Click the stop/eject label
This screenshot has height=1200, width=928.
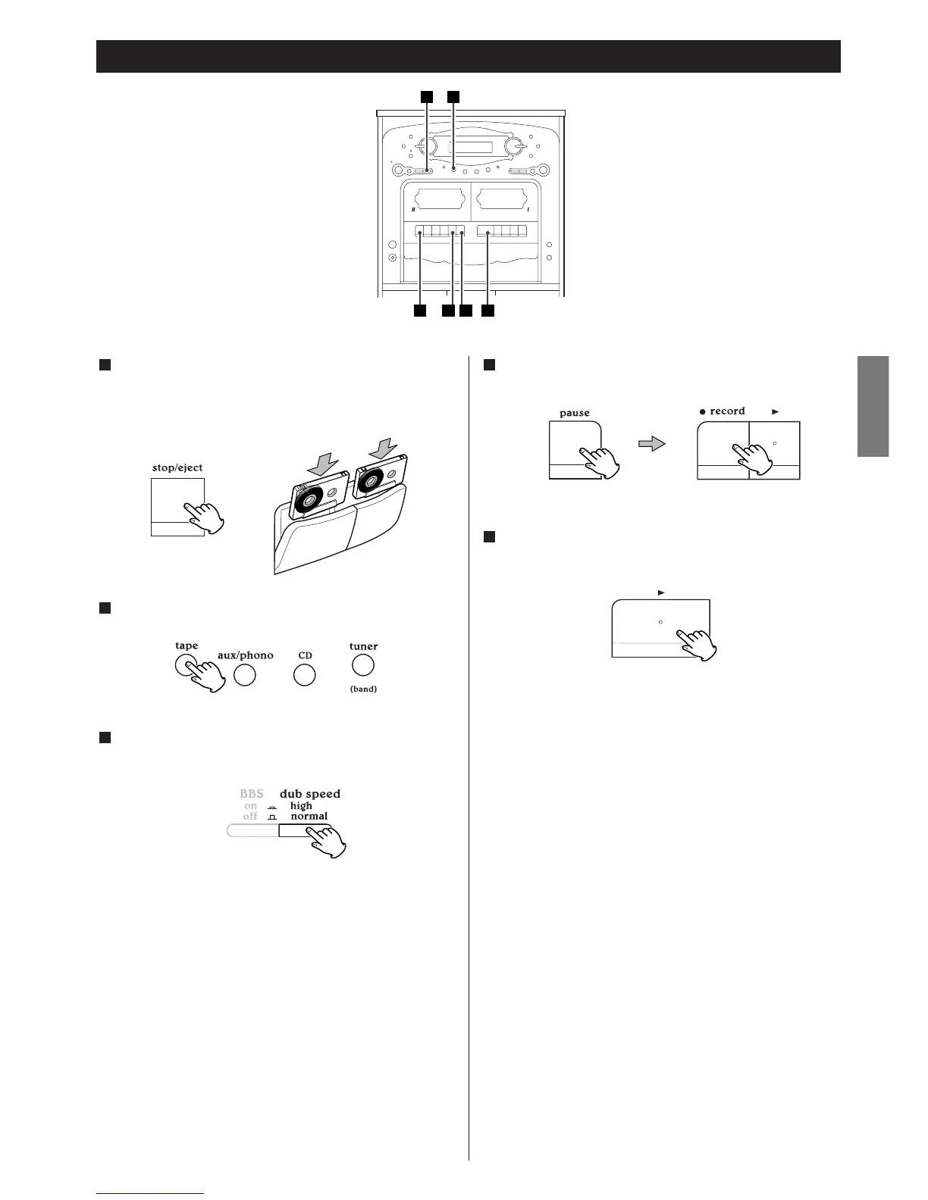(x=177, y=467)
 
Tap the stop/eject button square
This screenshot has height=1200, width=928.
(x=177, y=506)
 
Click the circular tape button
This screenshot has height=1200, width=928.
(x=186, y=665)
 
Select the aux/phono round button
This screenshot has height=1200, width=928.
(x=244, y=675)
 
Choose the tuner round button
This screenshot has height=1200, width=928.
(x=363, y=665)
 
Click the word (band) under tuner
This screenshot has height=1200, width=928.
(x=363, y=689)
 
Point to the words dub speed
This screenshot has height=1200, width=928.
(x=309, y=794)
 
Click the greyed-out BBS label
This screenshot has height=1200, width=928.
(x=251, y=794)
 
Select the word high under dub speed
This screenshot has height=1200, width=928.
(x=301, y=806)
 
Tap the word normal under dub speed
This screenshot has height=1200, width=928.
(x=309, y=817)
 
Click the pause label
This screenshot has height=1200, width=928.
(x=574, y=414)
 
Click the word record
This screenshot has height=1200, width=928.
(x=726, y=411)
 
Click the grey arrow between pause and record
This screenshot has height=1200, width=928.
(x=651, y=443)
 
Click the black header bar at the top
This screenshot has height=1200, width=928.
(x=468, y=56)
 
